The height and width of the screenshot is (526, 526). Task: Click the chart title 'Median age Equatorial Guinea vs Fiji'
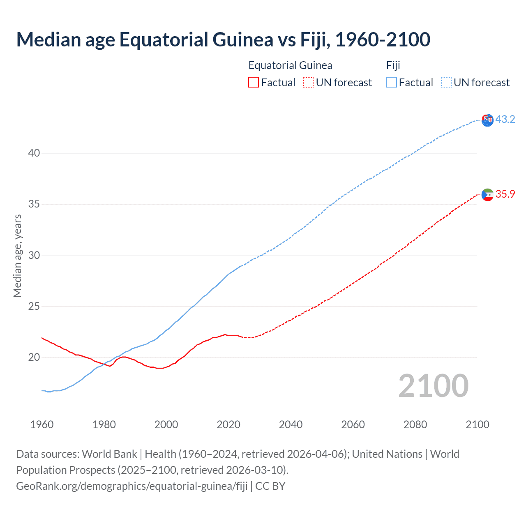click(223, 39)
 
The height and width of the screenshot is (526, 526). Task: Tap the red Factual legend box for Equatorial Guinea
click(254, 83)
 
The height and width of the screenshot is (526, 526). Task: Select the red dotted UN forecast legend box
click(308, 83)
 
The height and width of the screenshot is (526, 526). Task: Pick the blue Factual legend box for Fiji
click(392, 83)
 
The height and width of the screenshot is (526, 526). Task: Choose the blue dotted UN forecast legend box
click(446, 83)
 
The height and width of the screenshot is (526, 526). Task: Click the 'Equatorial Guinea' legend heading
click(290, 65)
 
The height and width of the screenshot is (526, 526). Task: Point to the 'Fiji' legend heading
click(393, 65)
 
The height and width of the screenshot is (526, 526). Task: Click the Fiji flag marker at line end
click(487, 120)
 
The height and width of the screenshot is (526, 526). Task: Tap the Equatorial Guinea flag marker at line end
click(487, 194)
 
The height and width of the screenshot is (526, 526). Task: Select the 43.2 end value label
click(505, 119)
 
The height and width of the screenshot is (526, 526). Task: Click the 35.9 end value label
click(505, 194)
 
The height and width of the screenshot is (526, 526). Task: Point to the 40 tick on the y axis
click(34, 153)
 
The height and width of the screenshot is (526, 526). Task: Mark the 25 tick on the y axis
click(34, 306)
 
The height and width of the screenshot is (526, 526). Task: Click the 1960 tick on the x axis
click(42, 424)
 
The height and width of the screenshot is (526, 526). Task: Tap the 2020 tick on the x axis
click(228, 424)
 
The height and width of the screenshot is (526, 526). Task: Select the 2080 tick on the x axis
click(415, 424)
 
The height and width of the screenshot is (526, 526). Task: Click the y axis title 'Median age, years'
click(17, 256)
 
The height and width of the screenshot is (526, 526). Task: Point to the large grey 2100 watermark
click(434, 385)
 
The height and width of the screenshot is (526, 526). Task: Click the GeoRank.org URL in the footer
click(132, 486)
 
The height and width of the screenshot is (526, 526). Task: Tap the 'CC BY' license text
click(270, 486)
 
